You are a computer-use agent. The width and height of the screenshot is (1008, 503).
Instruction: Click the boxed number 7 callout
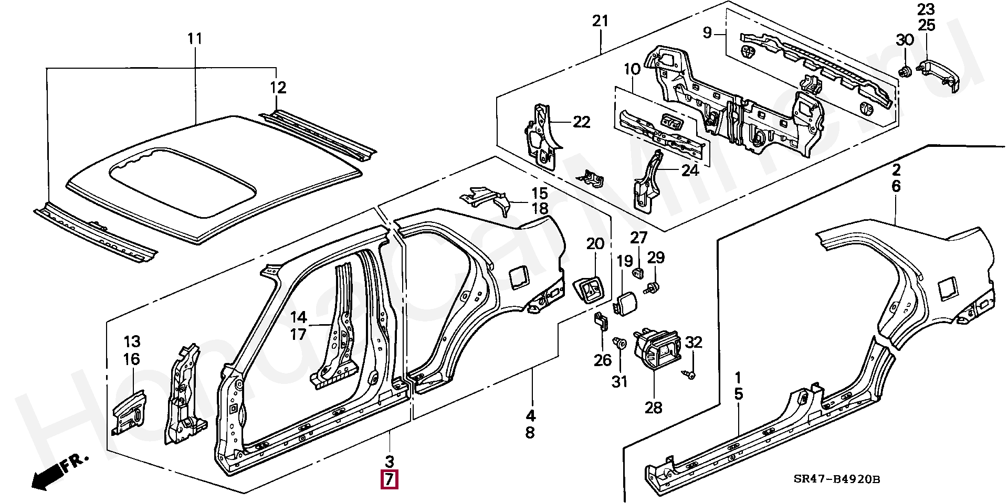pyautogui.click(x=390, y=479)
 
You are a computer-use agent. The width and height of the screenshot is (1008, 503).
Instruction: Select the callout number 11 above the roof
pyautogui.click(x=195, y=38)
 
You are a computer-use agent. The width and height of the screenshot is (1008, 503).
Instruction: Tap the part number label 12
pyautogui.click(x=278, y=88)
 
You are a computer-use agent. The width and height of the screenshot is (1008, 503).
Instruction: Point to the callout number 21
pyautogui.click(x=600, y=21)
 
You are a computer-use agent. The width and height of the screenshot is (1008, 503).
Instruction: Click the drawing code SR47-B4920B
pyautogui.click(x=836, y=479)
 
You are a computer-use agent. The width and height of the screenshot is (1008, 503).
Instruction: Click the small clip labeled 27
pyautogui.click(x=638, y=273)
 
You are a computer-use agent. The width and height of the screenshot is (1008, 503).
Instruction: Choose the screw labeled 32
pyautogui.click(x=689, y=374)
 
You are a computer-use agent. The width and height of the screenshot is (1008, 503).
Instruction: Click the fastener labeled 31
pyautogui.click(x=621, y=344)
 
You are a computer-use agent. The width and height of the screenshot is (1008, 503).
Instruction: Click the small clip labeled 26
pyautogui.click(x=601, y=321)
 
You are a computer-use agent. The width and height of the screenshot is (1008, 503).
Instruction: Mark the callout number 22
pyautogui.click(x=582, y=122)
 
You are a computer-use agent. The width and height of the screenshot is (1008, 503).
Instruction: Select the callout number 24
pyautogui.click(x=690, y=170)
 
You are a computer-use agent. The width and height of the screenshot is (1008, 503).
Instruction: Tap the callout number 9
pyautogui.click(x=707, y=33)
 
